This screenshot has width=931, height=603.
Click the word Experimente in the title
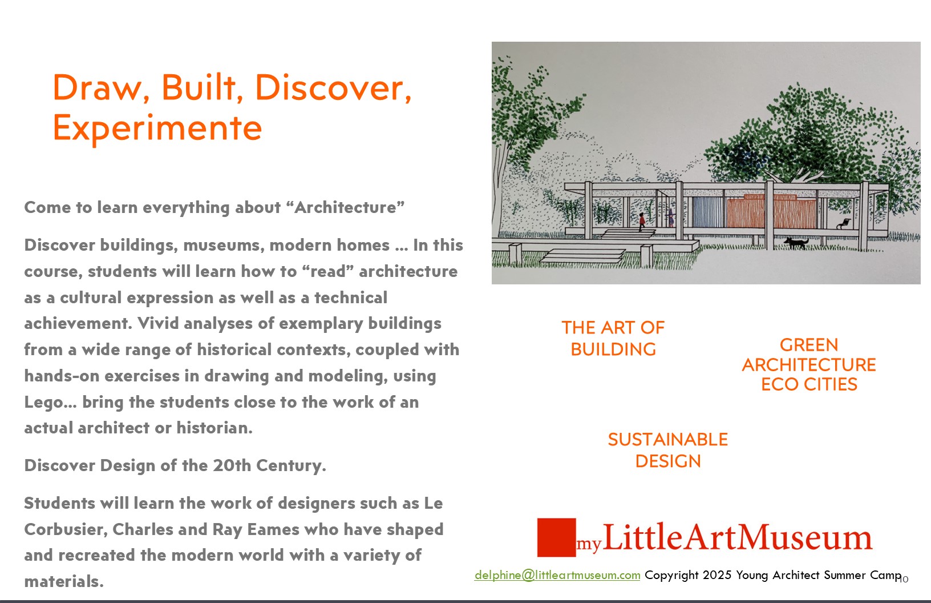tap(157, 128)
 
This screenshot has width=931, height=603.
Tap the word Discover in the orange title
tap(333, 88)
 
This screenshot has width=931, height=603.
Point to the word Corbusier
tap(66, 530)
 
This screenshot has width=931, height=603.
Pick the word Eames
tap(273, 529)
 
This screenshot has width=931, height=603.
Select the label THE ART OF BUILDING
tap(613, 338)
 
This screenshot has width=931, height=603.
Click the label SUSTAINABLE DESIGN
tap(668, 451)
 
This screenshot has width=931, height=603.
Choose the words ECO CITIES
tap(809, 384)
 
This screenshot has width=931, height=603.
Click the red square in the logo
tap(557, 537)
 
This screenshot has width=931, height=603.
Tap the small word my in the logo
tap(589, 544)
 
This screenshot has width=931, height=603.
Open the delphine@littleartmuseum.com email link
tap(557, 575)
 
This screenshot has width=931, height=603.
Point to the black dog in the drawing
tap(796, 243)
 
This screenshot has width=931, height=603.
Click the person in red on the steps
tap(642, 222)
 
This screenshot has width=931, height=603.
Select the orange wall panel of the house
tap(772, 211)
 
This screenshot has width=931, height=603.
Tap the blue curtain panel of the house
tap(708, 212)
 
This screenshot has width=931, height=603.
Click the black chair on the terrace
tap(843, 224)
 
